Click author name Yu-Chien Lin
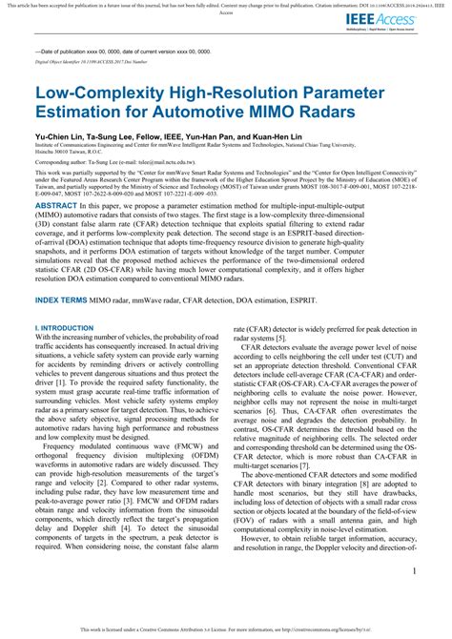click(x=60, y=137)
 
